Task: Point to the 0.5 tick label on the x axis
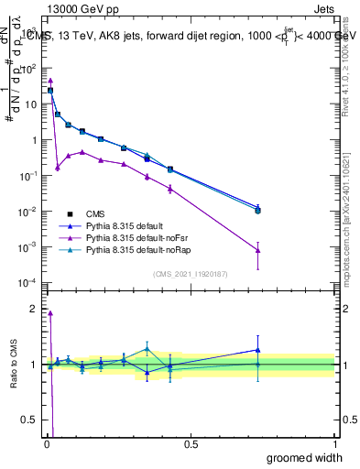(191, 443)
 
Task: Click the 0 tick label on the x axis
(46, 443)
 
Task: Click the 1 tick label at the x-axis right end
(334, 443)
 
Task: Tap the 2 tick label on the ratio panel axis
(32, 309)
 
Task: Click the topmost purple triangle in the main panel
(50, 80)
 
